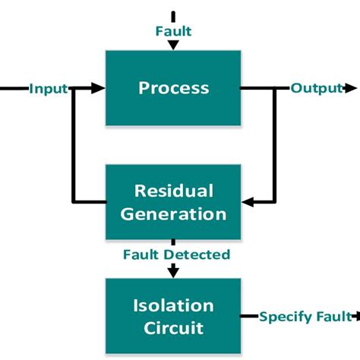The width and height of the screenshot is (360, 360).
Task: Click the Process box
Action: click(x=173, y=88)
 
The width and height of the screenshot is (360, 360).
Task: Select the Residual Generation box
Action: click(x=173, y=201)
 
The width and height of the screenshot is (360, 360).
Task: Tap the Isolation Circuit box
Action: click(x=173, y=316)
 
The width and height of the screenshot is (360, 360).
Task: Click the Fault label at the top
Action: click(x=173, y=31)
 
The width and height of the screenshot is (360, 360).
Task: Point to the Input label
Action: click(x=49, y=89)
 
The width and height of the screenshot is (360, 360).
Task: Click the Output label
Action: click(x=316, y=88)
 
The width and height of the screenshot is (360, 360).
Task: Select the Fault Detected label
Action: click(x=176, y=254)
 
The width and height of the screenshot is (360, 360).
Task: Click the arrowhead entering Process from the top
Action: click(x=173, y=45)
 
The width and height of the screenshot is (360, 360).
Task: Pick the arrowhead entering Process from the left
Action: click(x=98, y=89)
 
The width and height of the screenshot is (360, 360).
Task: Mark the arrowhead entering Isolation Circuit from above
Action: click(x=173, y=270)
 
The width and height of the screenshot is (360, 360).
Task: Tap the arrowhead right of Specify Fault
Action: click(x=354, y=316)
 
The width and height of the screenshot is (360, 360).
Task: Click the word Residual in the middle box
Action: click(x=173, y=190)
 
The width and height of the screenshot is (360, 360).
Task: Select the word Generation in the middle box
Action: click(x=173, y=213)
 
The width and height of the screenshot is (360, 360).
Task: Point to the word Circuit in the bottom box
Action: click(x=173, y=328)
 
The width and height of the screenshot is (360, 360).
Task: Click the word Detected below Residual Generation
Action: click(x=201, y=254)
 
